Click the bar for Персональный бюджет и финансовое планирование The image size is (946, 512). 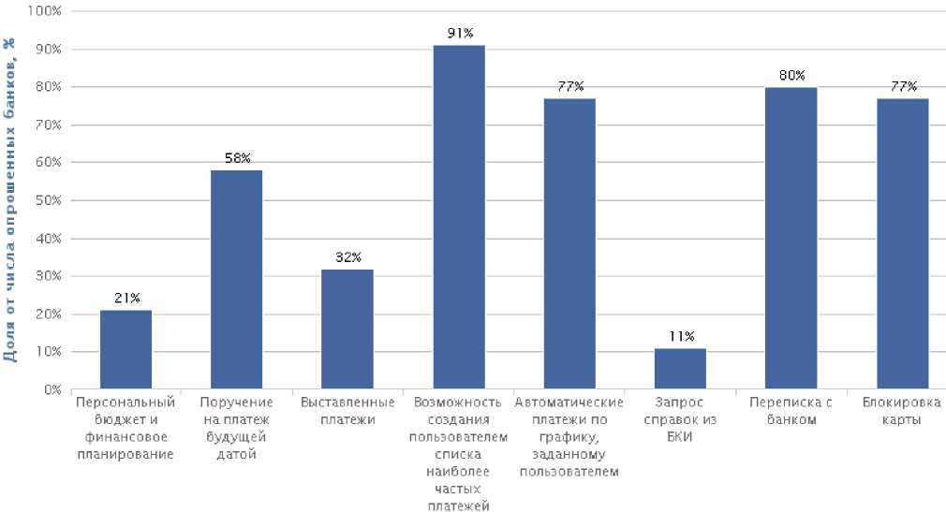coord(126,349)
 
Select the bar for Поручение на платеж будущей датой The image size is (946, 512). coord(236,279)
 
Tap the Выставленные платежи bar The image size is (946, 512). coord(347,329)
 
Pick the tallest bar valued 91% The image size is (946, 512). coord(458,217)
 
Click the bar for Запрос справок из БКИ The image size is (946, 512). coord(680,369)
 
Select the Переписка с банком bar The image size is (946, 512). coord(791,238)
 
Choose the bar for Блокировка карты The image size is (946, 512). coord(902,243)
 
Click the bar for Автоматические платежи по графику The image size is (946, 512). coord(569,243)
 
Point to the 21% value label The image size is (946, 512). coord(126,298)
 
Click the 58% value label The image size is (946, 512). coord(237,158)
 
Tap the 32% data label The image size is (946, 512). coord(347,257)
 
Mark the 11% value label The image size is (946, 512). coord(681,336)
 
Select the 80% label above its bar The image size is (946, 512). coord(791,75)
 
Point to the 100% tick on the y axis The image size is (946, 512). coord(44,11)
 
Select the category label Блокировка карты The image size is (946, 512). coord(902,411)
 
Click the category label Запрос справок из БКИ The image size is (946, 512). coord(680,420)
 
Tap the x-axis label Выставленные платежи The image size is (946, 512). coord(347,411)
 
